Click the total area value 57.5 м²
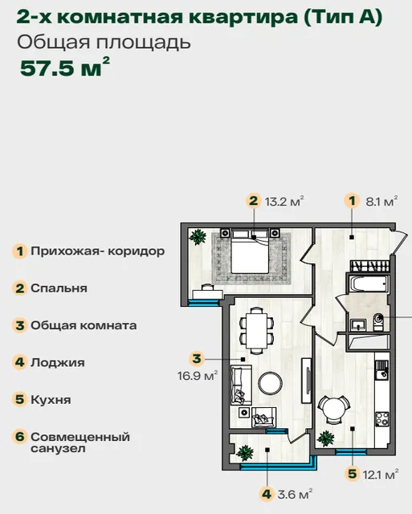(x=64, y=67)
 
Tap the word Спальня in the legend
(x=59, y=288)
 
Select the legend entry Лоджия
(x=58, y=362)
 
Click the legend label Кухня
(x=51, y=400)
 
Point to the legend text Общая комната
(x=84, y=325)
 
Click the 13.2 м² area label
(x=284, y=202)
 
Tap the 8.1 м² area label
(x=381, y=202)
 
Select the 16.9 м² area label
(x=198, y=376)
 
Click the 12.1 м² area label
(x=380, y=474)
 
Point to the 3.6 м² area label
(x=295, y=494)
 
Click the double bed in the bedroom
(x=250, y=251)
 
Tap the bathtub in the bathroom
(x=369, y=284)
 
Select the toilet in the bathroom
(x=378, y=322)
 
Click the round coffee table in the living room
(x=270, y=382)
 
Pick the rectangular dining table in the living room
(x=257, y=331)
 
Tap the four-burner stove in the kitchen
(x=381, y=419)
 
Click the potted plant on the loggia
(x=245, y=453)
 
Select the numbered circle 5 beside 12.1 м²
(x=352, y=474)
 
